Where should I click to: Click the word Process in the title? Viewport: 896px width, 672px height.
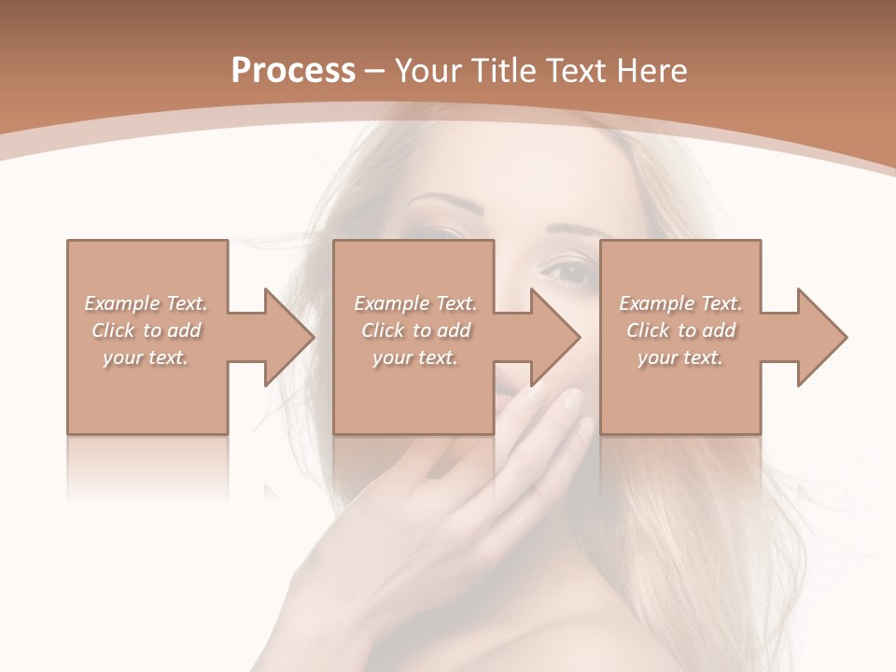click(293, 71)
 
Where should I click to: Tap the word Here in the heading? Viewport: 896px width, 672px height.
click(653, 71)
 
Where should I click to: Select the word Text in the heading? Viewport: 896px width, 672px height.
click(580, 71)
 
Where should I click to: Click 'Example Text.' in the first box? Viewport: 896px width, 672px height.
click(147, 303)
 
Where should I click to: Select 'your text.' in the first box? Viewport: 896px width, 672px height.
click(147, 357)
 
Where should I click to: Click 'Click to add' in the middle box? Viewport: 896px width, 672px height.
click(415, 330)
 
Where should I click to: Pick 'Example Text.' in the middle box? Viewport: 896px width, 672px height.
click(415, 303)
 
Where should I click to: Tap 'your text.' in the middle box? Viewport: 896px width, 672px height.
click(415, 357)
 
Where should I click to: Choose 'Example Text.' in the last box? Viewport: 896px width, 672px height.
click(680, 303)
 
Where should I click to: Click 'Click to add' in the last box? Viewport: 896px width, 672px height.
click(680, 330)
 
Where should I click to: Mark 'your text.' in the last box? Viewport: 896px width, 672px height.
click(680, 357)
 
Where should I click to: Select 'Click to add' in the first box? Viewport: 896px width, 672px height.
click(147, 330)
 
